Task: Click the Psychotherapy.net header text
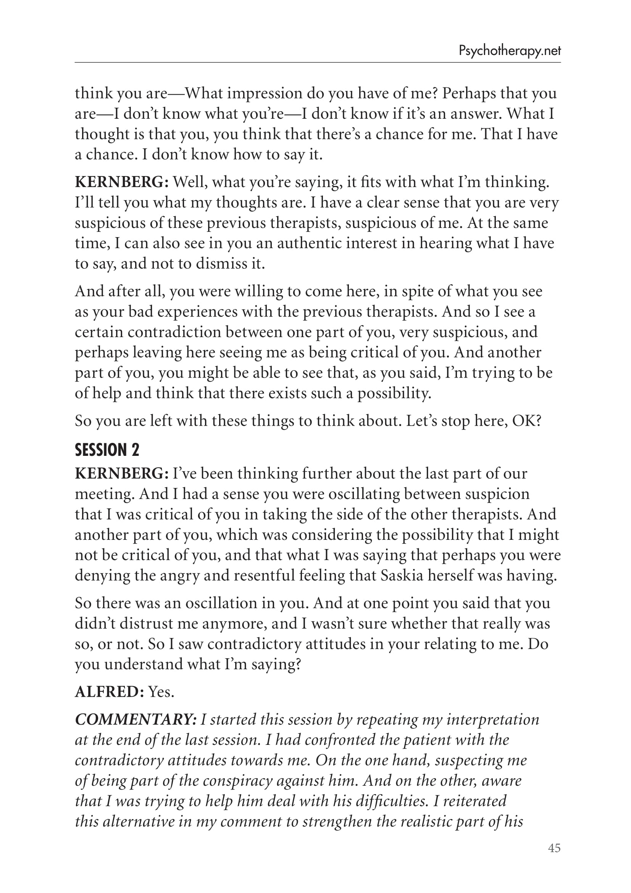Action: pyautogui.click(x=510, y=51)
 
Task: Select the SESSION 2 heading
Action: pyautogui.click(x=107, y=450)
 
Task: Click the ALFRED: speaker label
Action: pyautogui.click(x=110, y=691)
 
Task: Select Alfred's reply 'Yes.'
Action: pyautogui.click(x=162, y=691)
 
